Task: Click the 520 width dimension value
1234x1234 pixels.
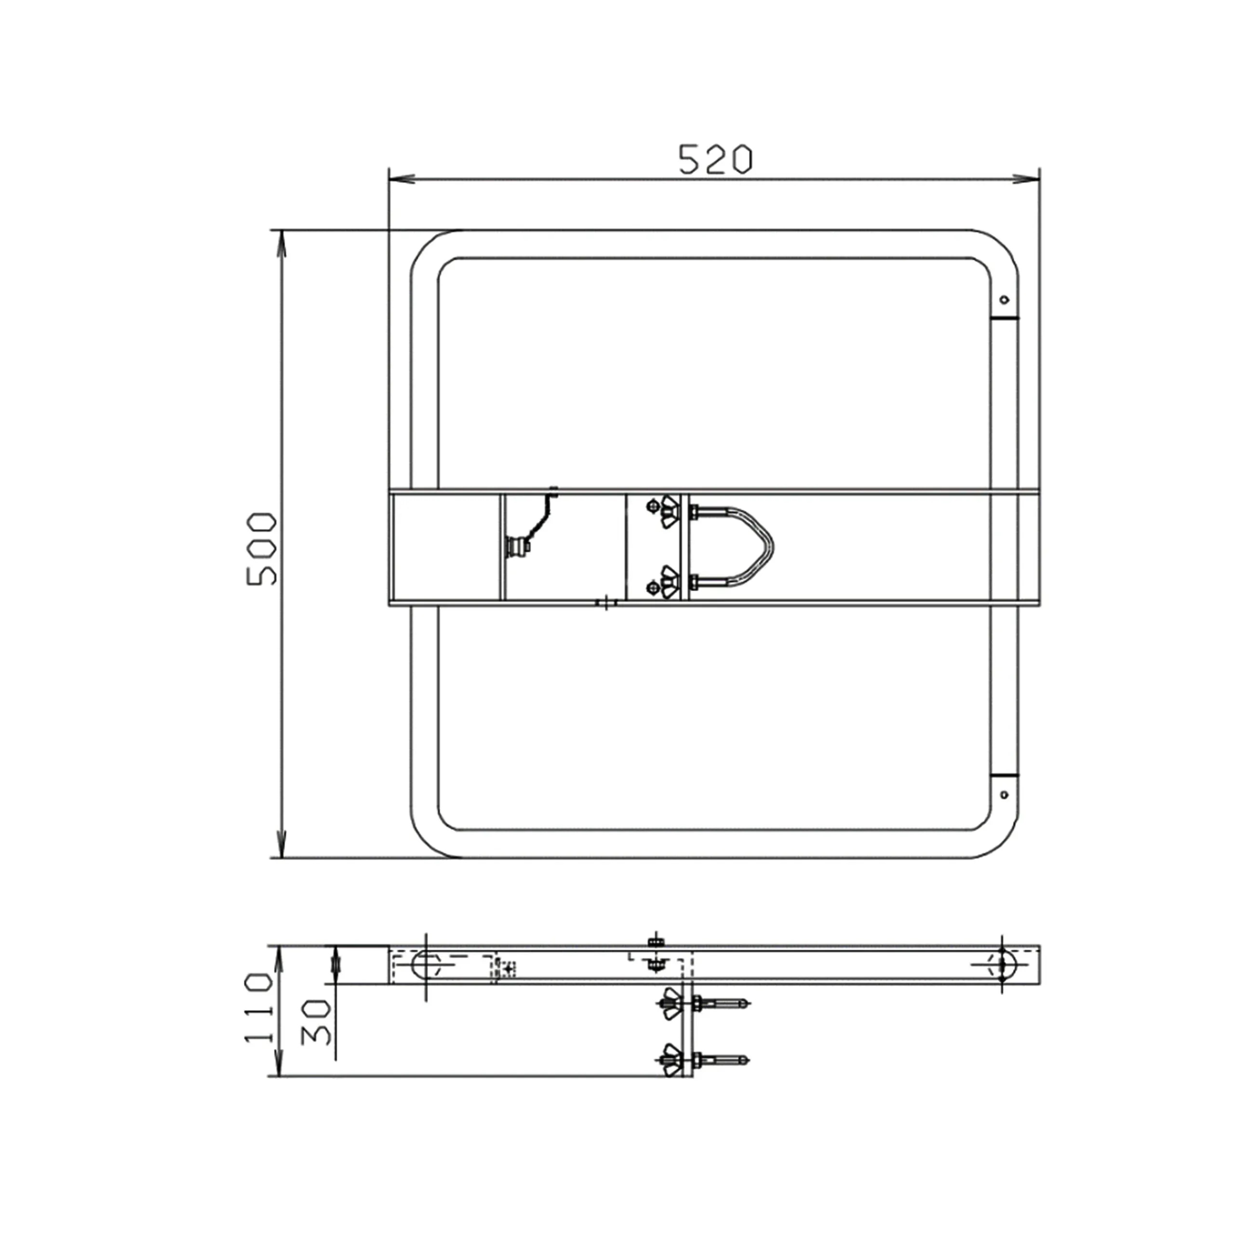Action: tap(715, 160)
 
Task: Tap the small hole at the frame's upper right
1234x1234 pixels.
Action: tap(1004, 299)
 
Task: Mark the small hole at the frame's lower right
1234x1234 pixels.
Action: tap(1004, 794)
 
